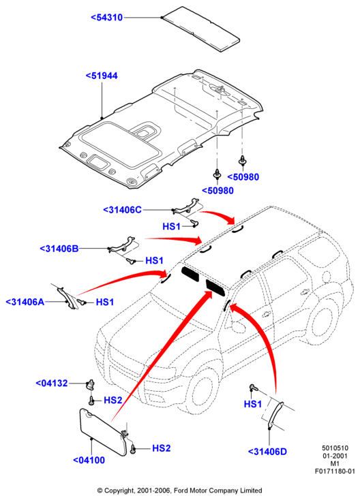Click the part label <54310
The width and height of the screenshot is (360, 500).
coord(106,17)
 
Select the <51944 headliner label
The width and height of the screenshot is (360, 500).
coord(102,76)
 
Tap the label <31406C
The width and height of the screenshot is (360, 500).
coord(122,210)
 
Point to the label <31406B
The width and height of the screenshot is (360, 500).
coord(59,249)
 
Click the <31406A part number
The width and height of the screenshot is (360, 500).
coord(25,302)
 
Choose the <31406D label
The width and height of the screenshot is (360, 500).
coord(267,452)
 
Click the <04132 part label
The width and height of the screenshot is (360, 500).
coord(52,383)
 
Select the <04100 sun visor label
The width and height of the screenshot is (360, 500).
coord(89,460)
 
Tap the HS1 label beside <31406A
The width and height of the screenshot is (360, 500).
coord(105,302)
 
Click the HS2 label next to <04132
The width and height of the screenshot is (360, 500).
coord(113,400)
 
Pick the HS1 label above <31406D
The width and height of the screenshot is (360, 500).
coord(252,404)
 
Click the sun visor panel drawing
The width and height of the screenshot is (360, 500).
coord(102,432)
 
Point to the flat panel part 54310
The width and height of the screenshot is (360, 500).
coord(201,29)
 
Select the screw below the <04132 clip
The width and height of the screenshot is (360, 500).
coord(91,400)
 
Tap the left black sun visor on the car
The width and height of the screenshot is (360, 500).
coord(190,274)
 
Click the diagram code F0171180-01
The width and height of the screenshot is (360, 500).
coord(335,471)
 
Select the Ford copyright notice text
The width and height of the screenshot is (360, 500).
coord(180,490)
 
